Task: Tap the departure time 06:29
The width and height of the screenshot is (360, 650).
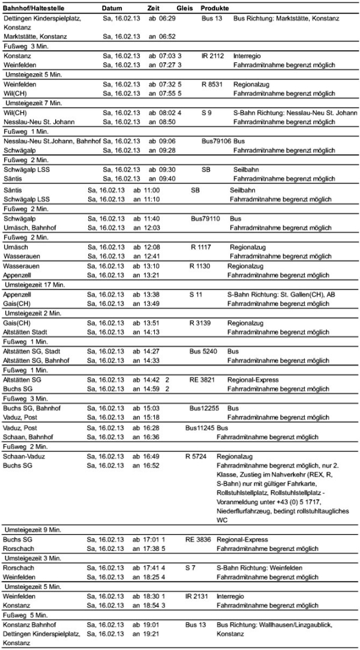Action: [x=167, y=19]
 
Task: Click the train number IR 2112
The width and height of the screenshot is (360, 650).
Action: [x=214, y=55]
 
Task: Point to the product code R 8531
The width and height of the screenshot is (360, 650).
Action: [x=212, y=85]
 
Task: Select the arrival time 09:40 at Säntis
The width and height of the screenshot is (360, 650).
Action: [x=167, y=178]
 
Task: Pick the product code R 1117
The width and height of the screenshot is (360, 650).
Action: [x=202, y=247]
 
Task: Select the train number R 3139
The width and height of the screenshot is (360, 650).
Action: [x=201, y=322]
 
